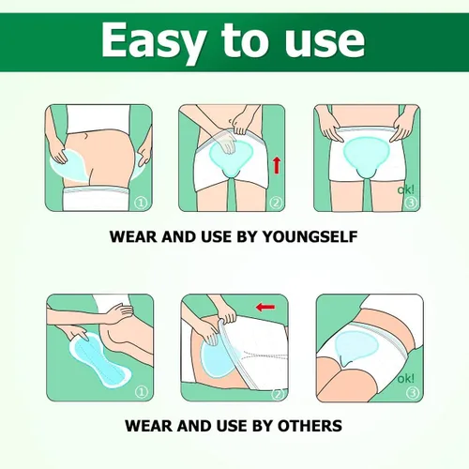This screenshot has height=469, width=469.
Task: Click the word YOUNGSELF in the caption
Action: pos(310,236)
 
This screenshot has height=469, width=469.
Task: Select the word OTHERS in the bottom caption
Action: pos(310,426)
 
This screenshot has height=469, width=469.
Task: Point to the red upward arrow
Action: pos(277,165)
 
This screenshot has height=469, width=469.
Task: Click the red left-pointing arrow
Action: pos(265,307)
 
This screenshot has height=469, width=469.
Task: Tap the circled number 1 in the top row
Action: pos(141,204)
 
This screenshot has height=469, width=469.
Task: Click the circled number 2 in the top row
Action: pos(276,204)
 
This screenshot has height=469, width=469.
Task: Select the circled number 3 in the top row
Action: pos(411,204)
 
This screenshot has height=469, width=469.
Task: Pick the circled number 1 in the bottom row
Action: pos(142,392)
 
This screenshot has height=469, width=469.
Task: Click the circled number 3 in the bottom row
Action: pos(413,392)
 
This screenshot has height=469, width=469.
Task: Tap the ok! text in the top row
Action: pos(405,189)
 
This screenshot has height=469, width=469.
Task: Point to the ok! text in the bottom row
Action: pos(405,379)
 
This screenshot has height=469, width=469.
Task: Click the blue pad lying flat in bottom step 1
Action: pos(99,359)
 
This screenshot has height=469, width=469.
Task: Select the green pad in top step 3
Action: pos(366,157)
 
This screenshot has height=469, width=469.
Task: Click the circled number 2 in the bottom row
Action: pos(278,394)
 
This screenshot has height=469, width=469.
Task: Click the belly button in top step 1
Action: pos(84,136)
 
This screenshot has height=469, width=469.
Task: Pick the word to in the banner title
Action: pos(244,41)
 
